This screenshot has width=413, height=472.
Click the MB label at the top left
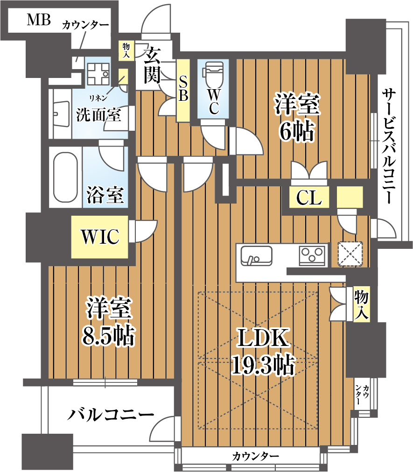click(39, 20)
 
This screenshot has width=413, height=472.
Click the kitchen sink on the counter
click(256, 256)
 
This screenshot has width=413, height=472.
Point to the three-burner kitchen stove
click(312, 256)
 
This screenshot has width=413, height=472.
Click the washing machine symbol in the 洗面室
click(98, 74)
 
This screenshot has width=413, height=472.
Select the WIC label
click(100, 237)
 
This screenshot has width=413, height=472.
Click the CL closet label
click(309, 198)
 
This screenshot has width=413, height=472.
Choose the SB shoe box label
click(183, 89)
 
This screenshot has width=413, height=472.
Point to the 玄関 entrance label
click(153, 65)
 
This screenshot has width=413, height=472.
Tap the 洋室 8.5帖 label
click(109, 321)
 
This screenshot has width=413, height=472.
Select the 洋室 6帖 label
click(297, 117)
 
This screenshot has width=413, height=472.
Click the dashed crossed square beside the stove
click(350, 254)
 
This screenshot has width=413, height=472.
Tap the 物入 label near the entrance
click(126, 50)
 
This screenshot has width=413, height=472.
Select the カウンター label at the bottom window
click(255, 456)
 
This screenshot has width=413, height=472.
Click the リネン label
click(98, 98)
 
